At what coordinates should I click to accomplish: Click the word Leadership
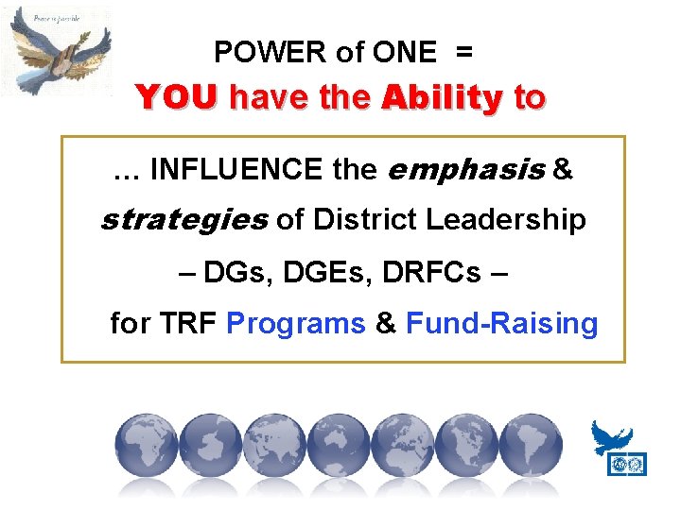[x=505, y=220]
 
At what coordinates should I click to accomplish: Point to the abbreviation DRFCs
[x=436, y=273]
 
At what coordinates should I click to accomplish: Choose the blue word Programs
[x=296, y=324]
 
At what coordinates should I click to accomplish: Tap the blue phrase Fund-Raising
[x=501, y=324]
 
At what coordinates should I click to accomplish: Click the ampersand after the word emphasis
[x=562, y=170]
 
